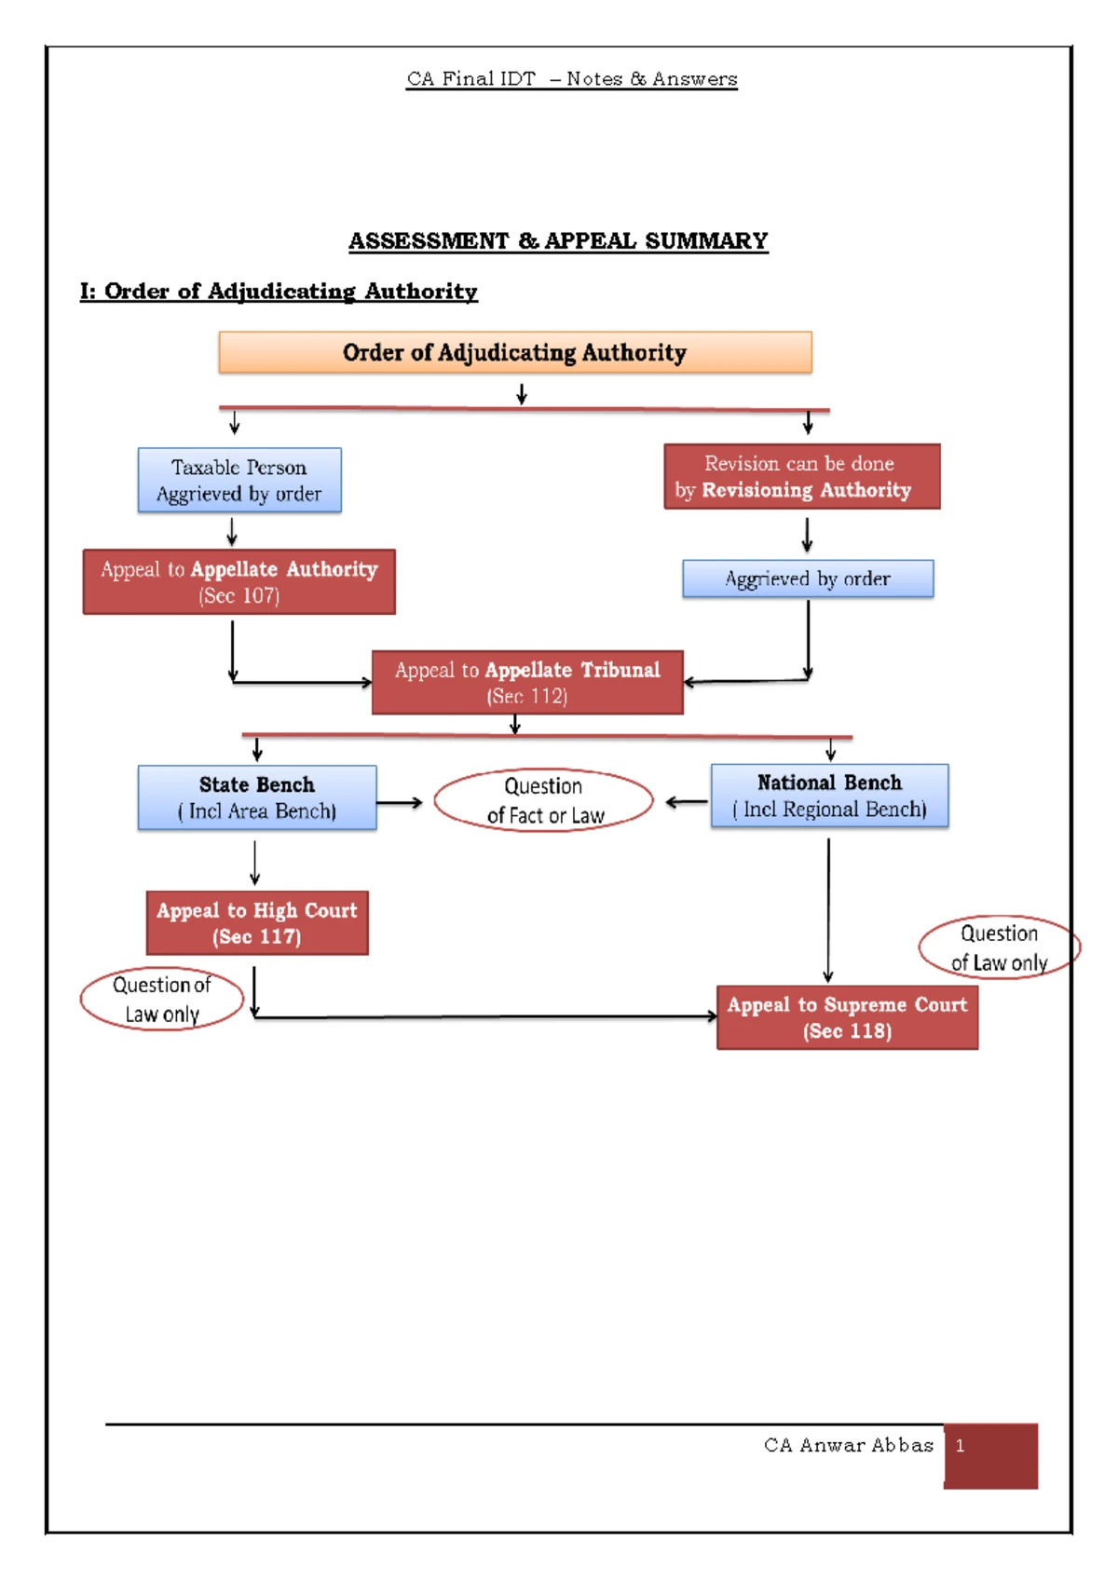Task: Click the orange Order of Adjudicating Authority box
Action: pyautogui.click(x=514, y=352)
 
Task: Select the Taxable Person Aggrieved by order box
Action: pyautogui.click(x=239, y=480)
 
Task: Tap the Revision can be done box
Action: pyautogui.click(x=801, y=476)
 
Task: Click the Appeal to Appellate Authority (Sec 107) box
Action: pyautogui.click(x=239, y=581)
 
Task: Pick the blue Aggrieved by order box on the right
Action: pyautogui.click(x=808, y=579)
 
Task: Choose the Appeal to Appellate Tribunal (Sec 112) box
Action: pyautogui.click(x=527, y=682)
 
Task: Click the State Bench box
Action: pyautogui.click(x=257, y=797)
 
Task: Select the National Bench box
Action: pyautogui.click(x=829, y=796)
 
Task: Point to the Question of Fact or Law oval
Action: pyautogui.click(x=544, y=800)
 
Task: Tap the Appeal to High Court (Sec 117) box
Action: pyautogui.click(x=257, y=922)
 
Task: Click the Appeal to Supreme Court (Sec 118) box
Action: pyautogui.click(x=847, y=1017)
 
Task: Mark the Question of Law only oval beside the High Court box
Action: pyautogui.click(x=162, y=1000)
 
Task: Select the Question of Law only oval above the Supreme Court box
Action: pyautogui.click(x=999, y=947)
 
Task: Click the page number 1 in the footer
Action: pyautogui.click(x=960, y=1446)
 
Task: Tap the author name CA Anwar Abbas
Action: pyautogui.click(x=848, y=1445)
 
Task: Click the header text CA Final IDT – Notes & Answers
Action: pyautogui.click(x=572, y=79)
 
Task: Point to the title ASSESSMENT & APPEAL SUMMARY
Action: pyautogui.click(x=558, y=241)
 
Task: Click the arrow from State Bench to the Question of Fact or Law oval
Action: pyautogui.click(x=400, y=802)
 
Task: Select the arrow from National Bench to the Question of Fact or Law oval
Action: pyautogui.click(x=687, y=801)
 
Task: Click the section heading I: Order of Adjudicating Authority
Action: pyautogui.click(x=279, y=292)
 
